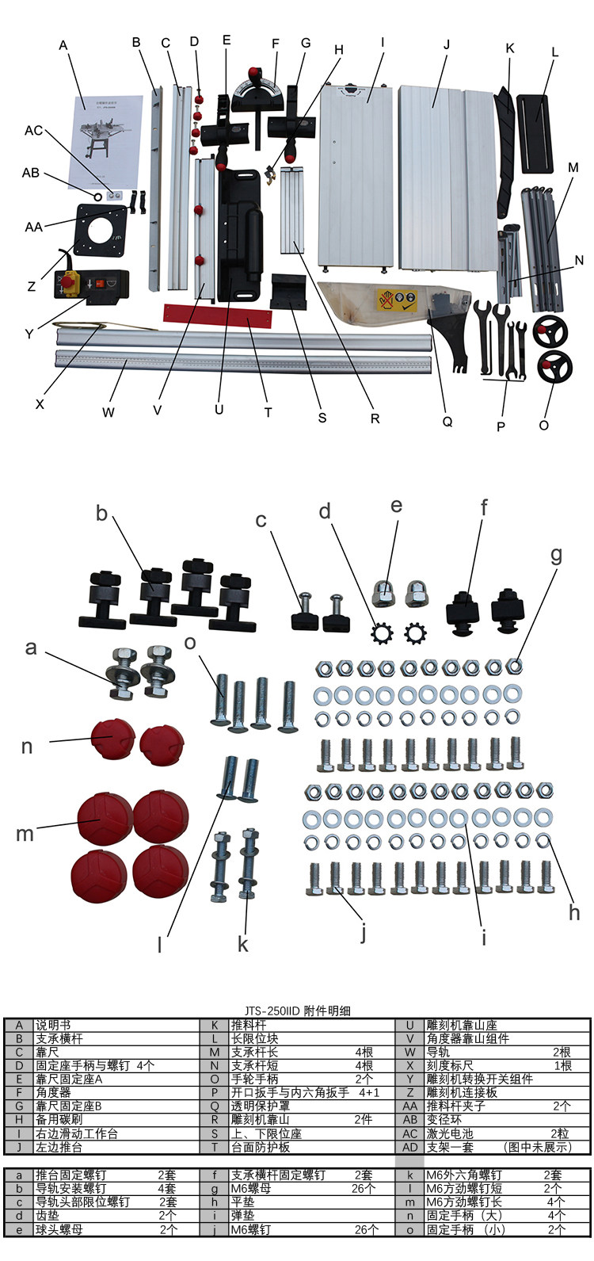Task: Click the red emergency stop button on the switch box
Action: (69, 281)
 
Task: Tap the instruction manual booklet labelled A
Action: (109, 139)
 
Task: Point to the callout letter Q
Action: (447, 422)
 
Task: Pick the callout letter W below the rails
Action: (109, 412)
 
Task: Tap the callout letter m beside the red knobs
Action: (25, 833)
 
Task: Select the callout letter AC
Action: (33, 130)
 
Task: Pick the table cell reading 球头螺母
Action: (59, 1229)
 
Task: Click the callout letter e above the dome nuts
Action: (397, 506)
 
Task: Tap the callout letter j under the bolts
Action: (364, 933)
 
